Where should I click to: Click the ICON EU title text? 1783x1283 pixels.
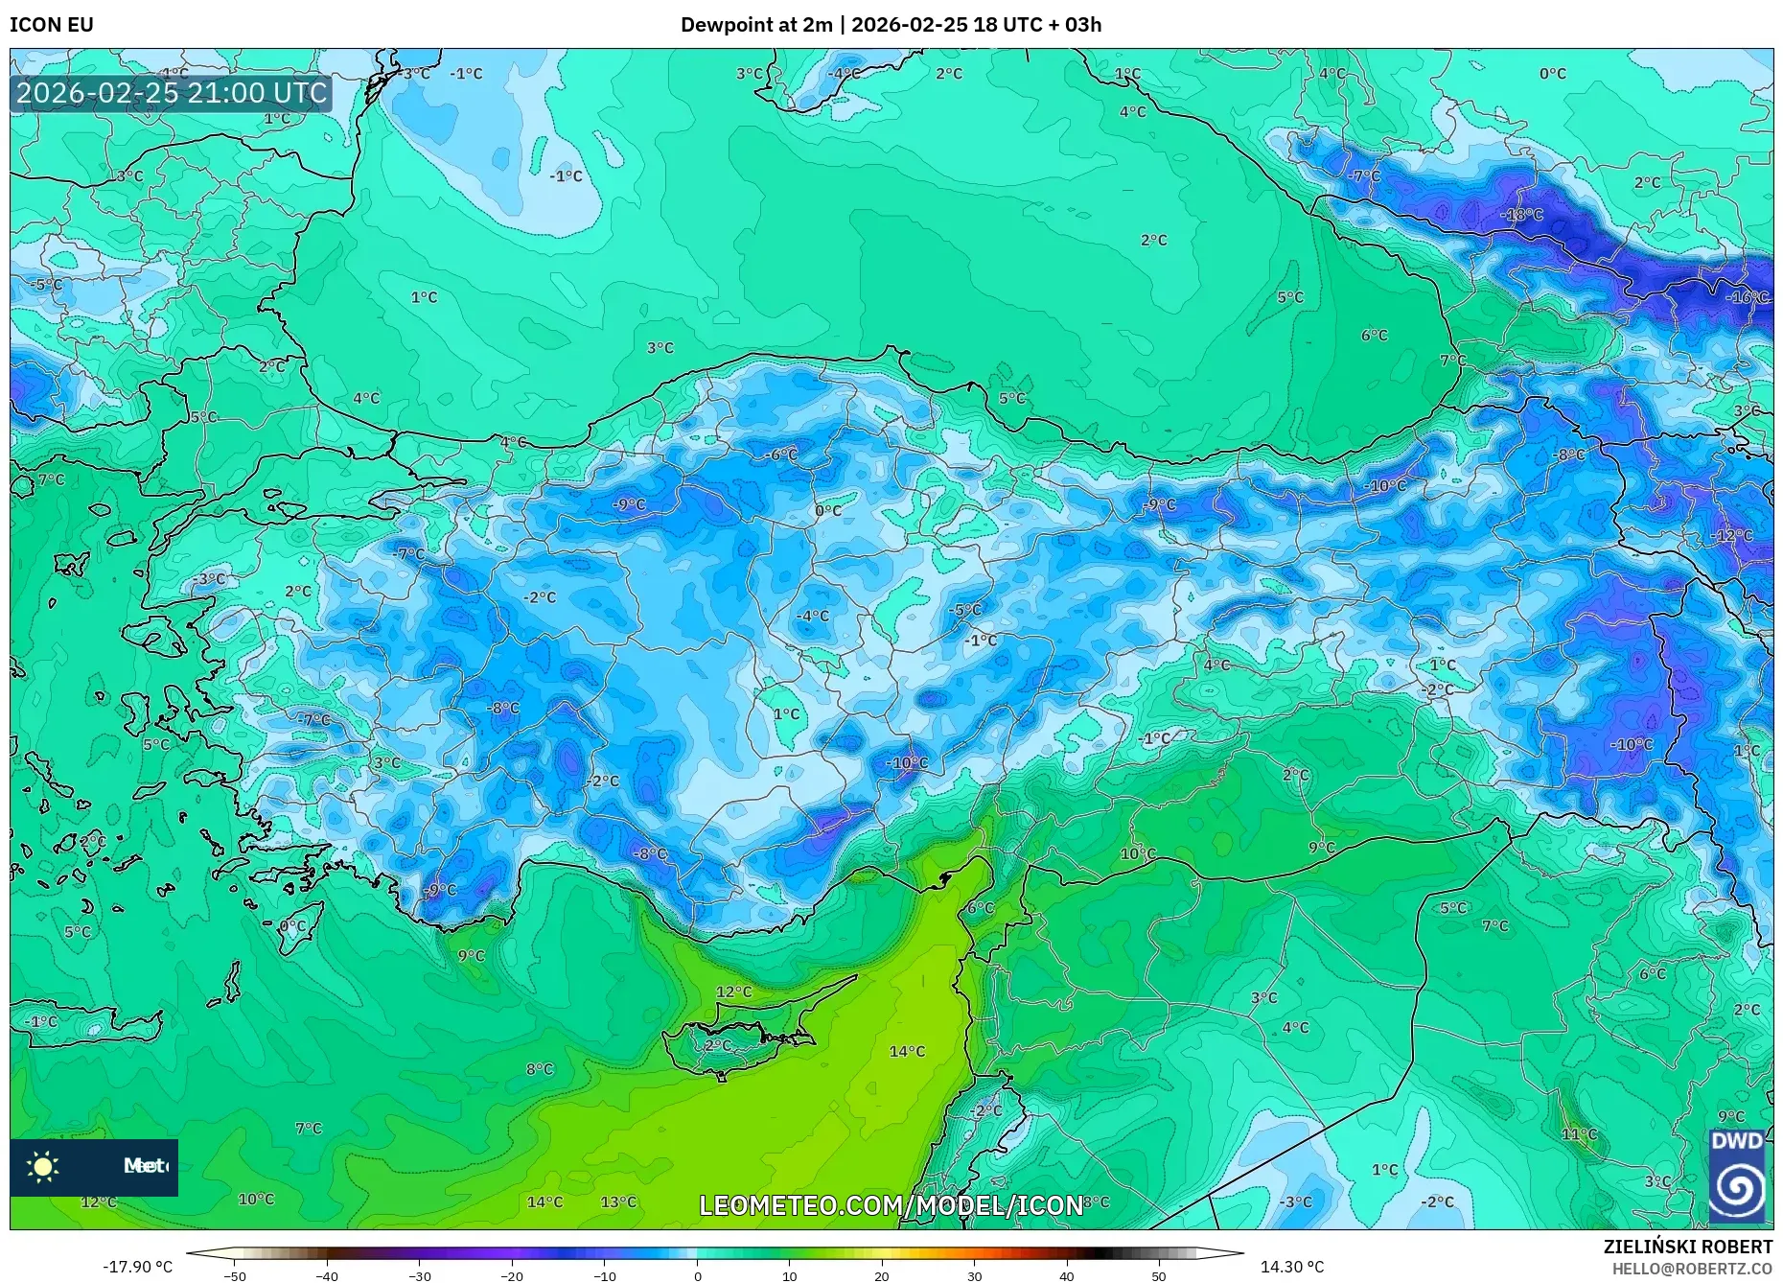pos(52,25)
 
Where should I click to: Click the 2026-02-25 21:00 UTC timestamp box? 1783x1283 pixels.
pos(172,94)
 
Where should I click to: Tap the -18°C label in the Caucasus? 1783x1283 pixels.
pos(1522,215)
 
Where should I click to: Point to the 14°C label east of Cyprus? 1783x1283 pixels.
pos(907,1052)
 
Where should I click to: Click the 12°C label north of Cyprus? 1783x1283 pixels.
pos(734,992)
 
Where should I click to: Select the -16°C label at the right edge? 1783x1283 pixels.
pos(1747,297)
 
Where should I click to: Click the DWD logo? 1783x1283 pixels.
pos(1737,1177)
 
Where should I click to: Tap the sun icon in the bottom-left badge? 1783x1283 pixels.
pos(43,1167)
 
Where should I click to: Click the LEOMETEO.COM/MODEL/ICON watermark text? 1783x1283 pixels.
pos(891,1205)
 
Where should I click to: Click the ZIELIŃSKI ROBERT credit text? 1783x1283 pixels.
pos(1687,1247)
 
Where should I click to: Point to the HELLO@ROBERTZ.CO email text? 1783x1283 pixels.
pos(1692,1269)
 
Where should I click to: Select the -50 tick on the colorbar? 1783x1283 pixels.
pos(235,1275)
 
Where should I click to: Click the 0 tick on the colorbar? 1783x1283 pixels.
pos(698,1275)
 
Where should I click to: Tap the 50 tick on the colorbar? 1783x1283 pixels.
pos(1159,1275)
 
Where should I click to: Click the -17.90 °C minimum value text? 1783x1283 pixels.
pos(138,1267)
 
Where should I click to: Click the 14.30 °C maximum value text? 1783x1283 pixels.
pos(1291,1267)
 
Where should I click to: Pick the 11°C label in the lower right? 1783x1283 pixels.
pos(1580,1134)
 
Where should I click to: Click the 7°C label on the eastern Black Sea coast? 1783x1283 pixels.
pos(1453,361)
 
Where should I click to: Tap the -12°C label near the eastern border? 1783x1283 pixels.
pos(1732,536)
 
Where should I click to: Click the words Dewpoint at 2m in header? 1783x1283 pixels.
pos(756,25)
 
